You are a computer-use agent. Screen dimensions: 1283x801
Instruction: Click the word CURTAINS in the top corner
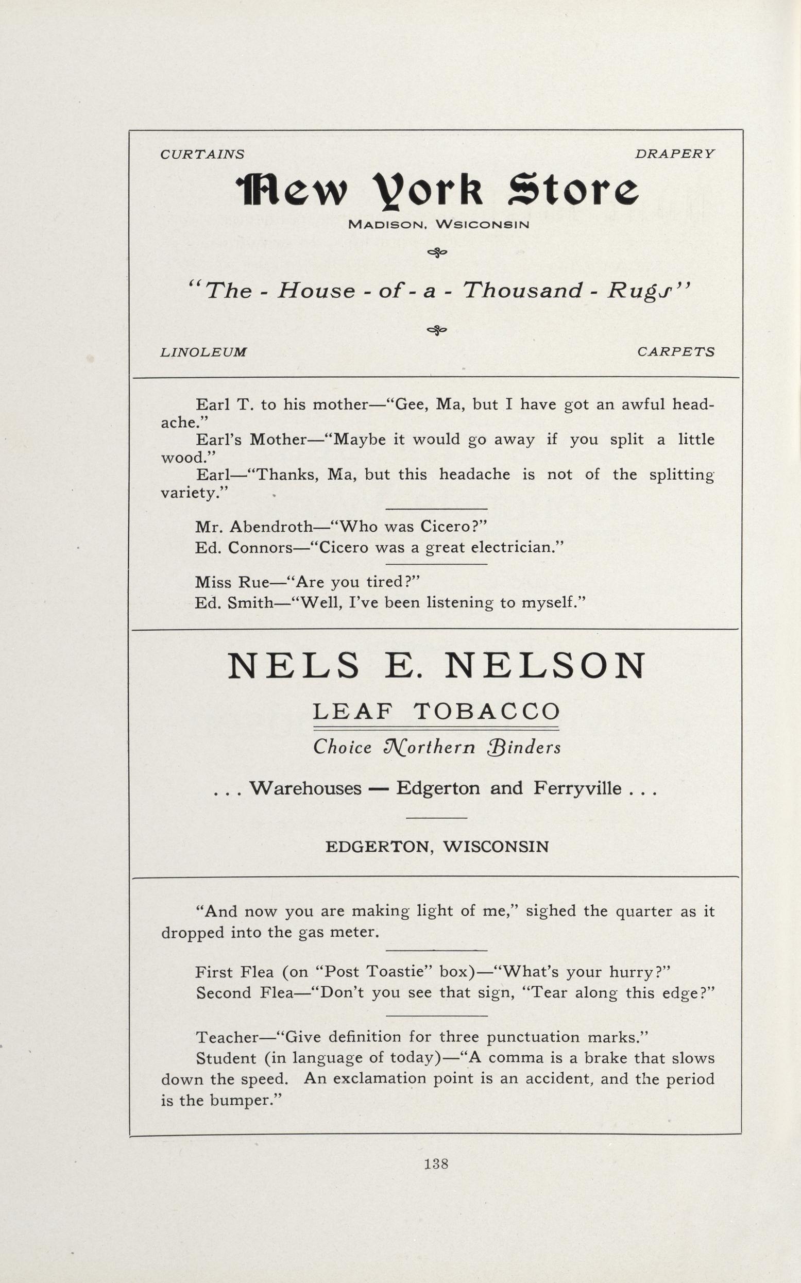tap(202, 154)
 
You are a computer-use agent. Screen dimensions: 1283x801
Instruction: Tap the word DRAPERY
tap(674, 154)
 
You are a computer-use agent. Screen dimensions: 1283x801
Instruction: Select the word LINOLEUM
tap(204, 352)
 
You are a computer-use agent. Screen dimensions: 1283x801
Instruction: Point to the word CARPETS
tap(675, 352)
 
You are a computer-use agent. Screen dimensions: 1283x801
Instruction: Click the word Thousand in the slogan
tap(523, 291)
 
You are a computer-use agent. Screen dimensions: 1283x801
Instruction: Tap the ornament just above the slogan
tap(437, 254)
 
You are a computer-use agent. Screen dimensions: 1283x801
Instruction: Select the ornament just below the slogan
tap(437, 331)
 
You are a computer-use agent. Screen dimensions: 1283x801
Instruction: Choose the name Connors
tap(260, 547)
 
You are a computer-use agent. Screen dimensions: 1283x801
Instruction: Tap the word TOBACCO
tap(486, 711)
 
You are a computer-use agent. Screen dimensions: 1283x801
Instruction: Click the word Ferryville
tap(577, 788)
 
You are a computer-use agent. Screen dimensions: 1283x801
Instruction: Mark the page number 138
tap(436, 1163)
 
